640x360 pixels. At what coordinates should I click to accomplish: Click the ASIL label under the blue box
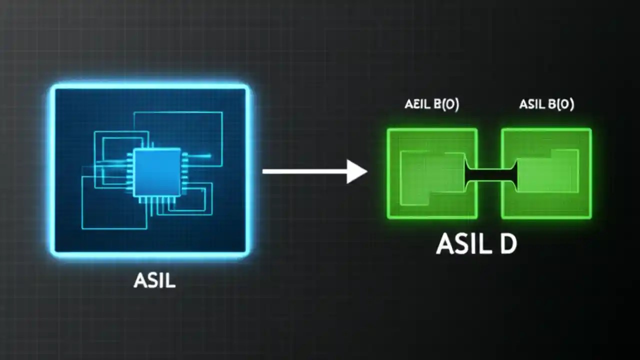(x=154, y=280)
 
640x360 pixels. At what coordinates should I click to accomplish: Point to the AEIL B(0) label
(x=431, y=104)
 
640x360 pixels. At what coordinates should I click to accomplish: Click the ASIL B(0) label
(x=546, y=104)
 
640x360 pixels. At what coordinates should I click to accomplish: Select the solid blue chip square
(x=156, y=172)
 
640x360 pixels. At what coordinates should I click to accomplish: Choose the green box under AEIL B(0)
(x=432, y=173)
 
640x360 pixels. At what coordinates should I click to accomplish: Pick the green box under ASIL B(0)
(x=546, y=173)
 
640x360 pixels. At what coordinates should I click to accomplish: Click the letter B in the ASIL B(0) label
(x=553, y=104)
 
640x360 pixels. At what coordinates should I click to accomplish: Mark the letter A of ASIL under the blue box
(x=139, y=280)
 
